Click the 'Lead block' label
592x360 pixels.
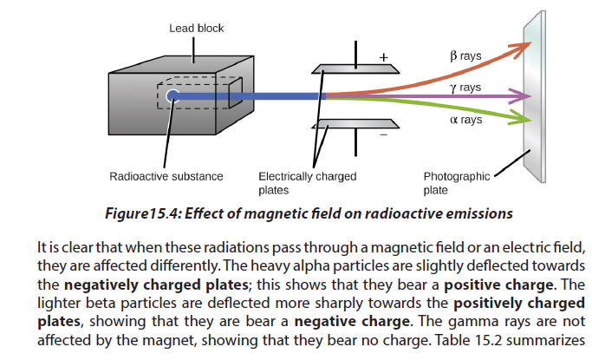tap(197, 29)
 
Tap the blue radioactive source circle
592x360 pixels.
tap(172, 96)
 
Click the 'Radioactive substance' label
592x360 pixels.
tap(166, 176)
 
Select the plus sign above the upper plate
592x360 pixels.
tap(384, 57)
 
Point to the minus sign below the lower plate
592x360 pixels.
tap(384, 134)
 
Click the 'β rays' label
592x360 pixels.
tap(465, 56)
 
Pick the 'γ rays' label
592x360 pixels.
tap(465, 88)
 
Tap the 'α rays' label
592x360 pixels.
tap(466, 120)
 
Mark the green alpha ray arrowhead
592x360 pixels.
tap(521, 118)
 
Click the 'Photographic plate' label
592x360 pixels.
tap(457, 183)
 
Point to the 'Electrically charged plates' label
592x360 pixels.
tap(308, 183)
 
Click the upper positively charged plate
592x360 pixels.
tap(355, 69)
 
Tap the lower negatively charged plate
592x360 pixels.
tap(355, 124)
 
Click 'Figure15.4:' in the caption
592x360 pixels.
tap(144, 213)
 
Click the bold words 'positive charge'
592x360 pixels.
tap(498, 285)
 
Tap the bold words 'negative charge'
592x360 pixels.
tap(352, 322)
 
